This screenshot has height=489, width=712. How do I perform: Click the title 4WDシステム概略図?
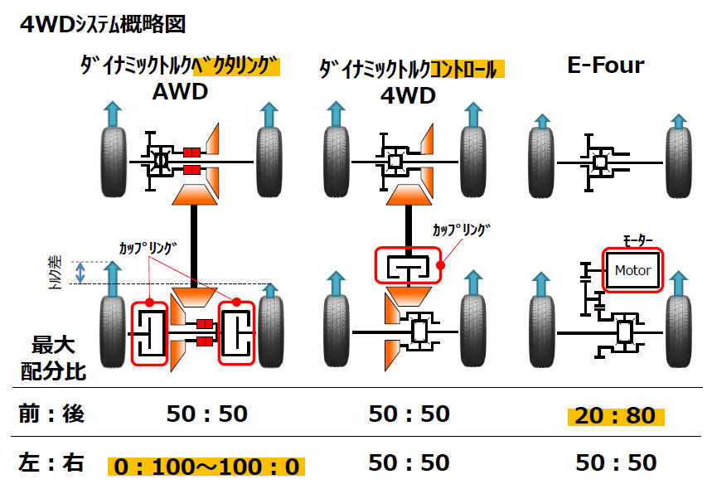[103, 23]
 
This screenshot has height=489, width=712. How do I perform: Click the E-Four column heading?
[606, 65]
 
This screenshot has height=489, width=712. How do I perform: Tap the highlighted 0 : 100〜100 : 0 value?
[206, 467]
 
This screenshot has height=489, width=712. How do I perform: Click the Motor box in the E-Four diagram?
[632, 270]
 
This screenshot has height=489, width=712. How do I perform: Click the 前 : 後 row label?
[51, 414]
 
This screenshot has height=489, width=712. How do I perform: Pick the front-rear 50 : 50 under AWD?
[206, 414]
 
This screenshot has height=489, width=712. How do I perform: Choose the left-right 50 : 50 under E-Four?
[616, 462]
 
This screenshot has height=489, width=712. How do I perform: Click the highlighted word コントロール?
[467, 70]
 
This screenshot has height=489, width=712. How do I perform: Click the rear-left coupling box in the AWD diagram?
[150, 333]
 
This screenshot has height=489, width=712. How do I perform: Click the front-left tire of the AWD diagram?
[114, 162]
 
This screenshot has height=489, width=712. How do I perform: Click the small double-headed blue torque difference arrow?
[80, 273]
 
